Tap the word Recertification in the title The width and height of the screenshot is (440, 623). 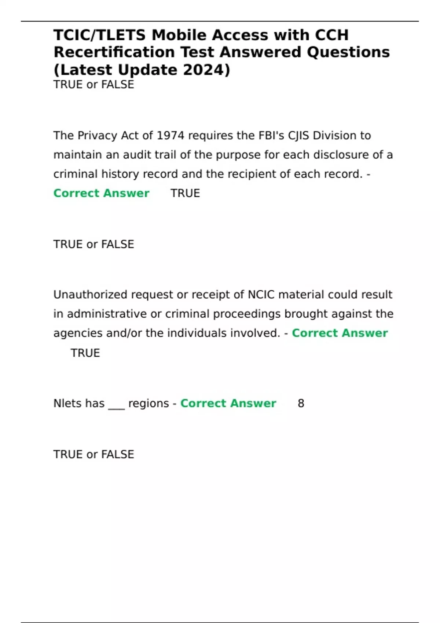point(114,52)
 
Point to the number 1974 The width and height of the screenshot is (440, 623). point(170,136)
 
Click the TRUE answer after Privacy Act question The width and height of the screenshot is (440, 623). point(185,193)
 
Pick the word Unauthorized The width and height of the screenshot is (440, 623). point(90,295)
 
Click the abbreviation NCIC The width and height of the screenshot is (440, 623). point(261,295)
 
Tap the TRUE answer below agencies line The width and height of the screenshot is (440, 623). point(85,353)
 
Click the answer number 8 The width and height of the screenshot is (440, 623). point(301,403)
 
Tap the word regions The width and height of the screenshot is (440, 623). point(148,403)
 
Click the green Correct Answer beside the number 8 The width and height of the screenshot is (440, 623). point(228,403)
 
